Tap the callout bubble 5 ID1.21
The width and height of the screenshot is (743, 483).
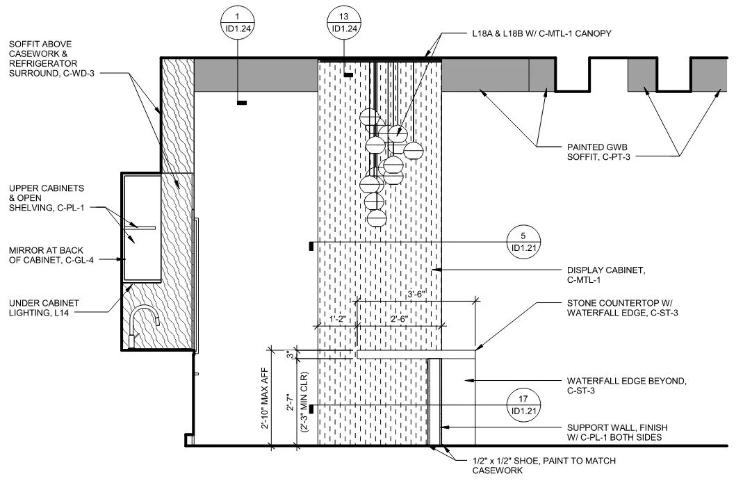(x=523, y=243)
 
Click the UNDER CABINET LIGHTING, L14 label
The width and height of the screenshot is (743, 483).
(x=44, y=309)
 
